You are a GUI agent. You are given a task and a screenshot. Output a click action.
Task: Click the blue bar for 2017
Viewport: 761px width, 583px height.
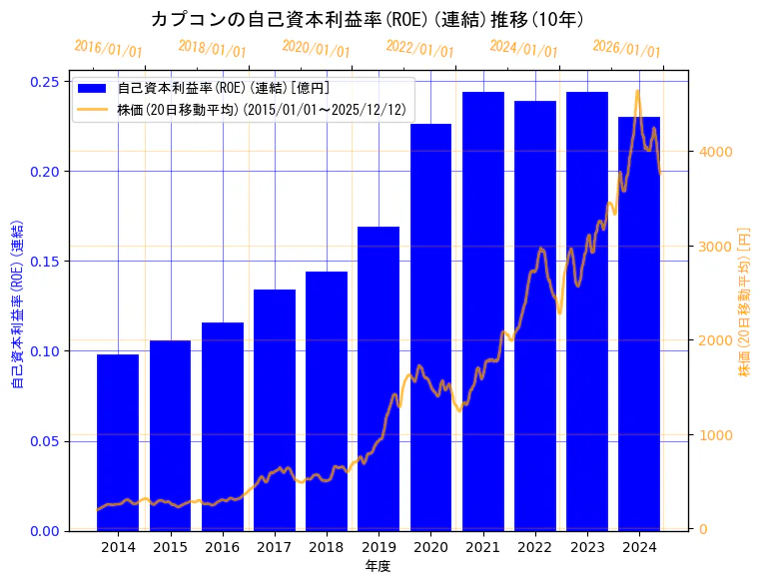275,409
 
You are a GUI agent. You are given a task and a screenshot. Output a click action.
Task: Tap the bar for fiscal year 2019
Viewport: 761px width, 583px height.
379,378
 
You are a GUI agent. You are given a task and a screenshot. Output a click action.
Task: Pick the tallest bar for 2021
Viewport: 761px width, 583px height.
483,310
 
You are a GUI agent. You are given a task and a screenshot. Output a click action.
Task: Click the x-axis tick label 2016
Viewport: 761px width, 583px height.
222,547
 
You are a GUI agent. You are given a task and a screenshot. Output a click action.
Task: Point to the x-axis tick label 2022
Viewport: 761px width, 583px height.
535,547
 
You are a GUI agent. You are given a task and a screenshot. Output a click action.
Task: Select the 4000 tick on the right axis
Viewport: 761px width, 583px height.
716,152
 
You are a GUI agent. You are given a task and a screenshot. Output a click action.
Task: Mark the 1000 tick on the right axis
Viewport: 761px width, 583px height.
716,435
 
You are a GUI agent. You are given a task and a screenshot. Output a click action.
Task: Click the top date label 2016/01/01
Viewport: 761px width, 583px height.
109,49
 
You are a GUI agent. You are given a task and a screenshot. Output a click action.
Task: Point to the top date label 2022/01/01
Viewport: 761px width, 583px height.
419,49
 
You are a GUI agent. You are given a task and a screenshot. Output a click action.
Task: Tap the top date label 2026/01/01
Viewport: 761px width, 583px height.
626,49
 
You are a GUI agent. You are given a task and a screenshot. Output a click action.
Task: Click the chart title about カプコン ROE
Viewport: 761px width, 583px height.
368,19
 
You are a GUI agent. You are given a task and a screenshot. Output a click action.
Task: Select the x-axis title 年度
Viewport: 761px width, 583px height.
378,566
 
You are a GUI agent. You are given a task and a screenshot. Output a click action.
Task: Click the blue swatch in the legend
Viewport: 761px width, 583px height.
93,88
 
